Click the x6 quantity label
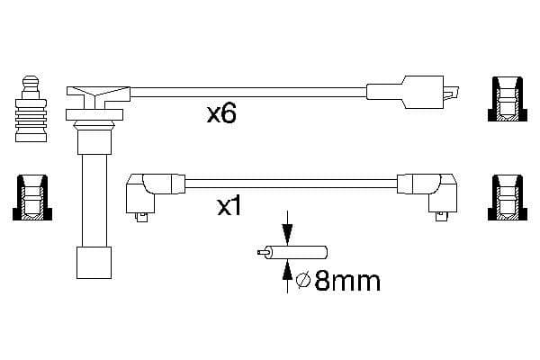tap(221, 114)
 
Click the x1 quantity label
tap(229, 207)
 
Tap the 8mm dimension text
tap(347, 281)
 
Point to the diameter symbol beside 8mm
tap(303, 281)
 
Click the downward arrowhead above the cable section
tap(287, 235)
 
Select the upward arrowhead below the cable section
tap(287, 270)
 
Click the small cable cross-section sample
tap(292, 253)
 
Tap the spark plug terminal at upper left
tap(31, 109)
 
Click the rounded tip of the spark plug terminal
tap(31, 80)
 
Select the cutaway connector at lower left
tap(32, 197)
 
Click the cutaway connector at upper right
tap(508, 99)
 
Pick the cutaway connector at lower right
tap(508, 197)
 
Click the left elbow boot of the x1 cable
tap(155, 195)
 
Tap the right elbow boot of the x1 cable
tap(427, 195)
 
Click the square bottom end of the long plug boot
tap(94, 263)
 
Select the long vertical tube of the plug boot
tap(94, 201)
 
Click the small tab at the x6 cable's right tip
tap(451, 93)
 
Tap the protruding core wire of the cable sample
tap(262, 253)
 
